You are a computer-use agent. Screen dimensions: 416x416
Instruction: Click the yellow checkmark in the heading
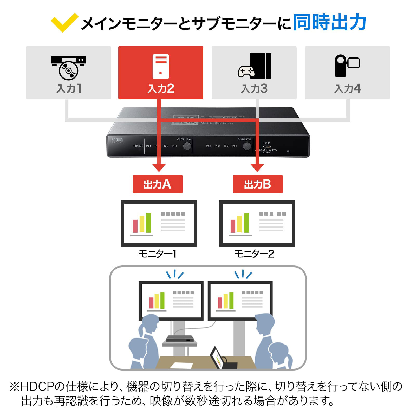[64, 22]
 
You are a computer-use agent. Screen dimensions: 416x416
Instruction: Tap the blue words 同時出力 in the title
[329, 22]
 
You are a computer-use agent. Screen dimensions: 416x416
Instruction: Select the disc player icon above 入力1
[68, 68]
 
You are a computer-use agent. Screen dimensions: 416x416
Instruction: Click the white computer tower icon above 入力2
[161, 66]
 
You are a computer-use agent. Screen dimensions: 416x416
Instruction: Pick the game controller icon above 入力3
[246, 71]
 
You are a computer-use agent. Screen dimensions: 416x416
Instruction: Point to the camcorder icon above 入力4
[347, 66]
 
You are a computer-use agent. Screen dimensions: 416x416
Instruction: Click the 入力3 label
[254, 89]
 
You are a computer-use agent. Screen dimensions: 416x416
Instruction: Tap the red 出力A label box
[158, 184]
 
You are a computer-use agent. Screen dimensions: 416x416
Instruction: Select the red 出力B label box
[258, 184]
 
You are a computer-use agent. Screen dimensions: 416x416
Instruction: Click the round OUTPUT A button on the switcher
[187, 146]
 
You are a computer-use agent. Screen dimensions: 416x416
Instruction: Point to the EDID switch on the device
[266, 147]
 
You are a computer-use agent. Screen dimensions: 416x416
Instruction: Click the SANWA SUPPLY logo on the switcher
[117, 140]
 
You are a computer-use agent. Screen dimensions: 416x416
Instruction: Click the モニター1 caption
[158, 254]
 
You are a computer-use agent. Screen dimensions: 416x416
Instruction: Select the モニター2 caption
[254, 254]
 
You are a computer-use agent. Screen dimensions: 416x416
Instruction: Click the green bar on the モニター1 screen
[148, 223]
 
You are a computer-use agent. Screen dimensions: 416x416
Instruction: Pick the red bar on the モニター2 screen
[233, 226]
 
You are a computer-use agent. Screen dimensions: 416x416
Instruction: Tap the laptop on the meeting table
[218, 357]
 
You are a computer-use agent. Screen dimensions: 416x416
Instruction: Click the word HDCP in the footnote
[37, 387]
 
